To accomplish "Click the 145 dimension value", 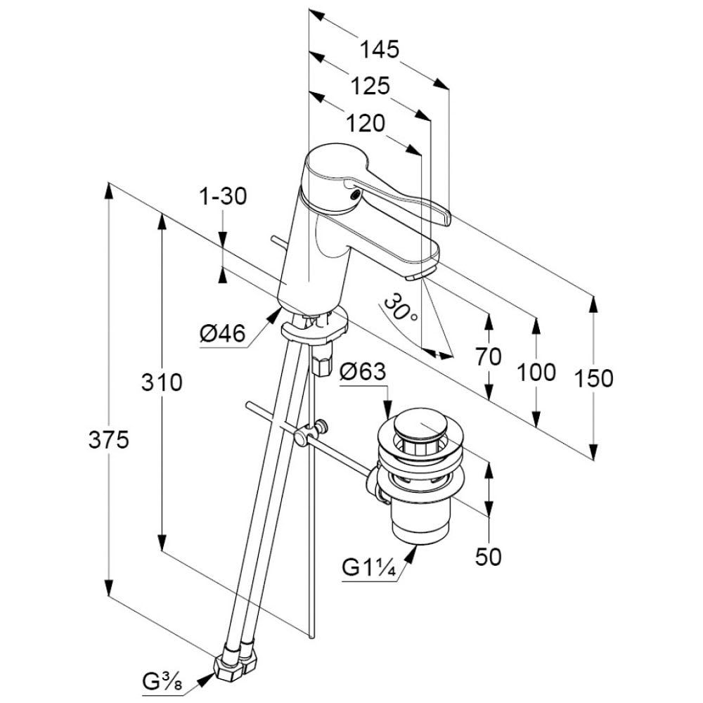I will pos(380,49).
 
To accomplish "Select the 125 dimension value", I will pos(370,86).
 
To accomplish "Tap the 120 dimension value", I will pos(366,123).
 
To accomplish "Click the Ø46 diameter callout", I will pos(222,335).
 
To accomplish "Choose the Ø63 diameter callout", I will pos(363,371).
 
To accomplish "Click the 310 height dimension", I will pos(162,383).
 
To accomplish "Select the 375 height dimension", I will pos(108,440).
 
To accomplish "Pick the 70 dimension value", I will pos(488,356).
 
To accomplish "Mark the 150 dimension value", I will pos(594,378).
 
